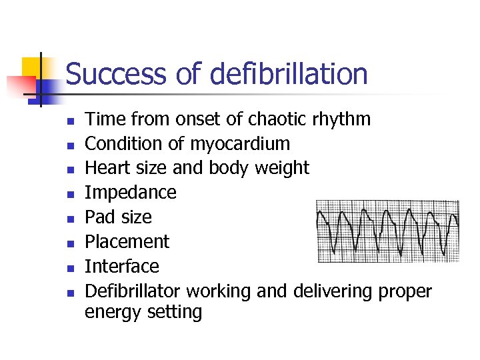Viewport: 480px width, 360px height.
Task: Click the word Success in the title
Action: point(117,74)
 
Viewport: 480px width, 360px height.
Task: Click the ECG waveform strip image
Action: point(387,231)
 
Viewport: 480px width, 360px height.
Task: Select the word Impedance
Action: point(131,193)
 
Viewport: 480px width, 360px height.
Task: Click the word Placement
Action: point(127,241)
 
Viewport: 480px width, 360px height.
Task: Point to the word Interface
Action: point(122,266)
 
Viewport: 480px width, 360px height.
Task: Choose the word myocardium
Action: point(240,144)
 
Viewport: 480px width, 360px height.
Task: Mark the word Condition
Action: point(124,144)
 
